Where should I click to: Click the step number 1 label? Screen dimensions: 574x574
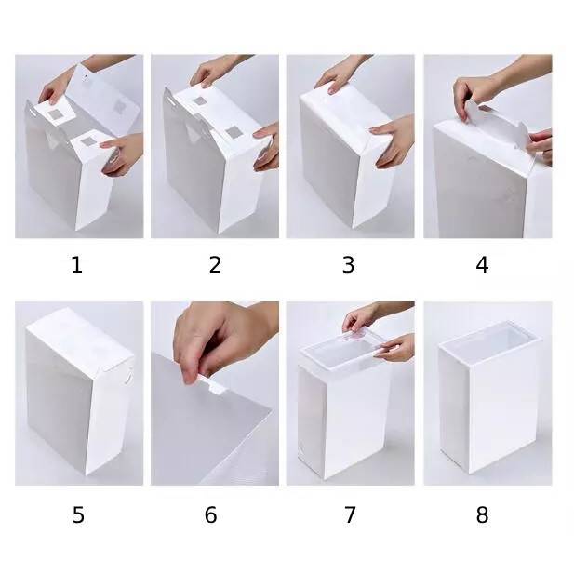pos(76,265)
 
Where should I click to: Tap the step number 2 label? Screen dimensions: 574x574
pos(215,265)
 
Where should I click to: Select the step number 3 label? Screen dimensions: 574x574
pos(349,265)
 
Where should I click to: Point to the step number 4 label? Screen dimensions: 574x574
pos(482,265)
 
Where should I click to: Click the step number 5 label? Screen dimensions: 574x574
pos(78,515)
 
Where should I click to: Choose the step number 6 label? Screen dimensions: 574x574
pos(210,515)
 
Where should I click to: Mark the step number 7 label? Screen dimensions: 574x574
pos(350,515)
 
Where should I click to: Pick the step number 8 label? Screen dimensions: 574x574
pos(482,515)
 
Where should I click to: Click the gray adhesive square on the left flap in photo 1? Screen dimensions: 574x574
pos(57,115)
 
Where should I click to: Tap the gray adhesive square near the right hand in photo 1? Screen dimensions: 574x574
pos(88,141)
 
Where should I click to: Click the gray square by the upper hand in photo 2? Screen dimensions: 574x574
pos(199,101)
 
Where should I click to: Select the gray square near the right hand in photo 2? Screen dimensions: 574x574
pos(233,132)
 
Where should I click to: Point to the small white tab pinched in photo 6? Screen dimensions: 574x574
pos(213,385)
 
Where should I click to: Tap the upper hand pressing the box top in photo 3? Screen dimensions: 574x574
pos(337,75)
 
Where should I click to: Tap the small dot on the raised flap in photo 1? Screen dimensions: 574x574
pos(87,77)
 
